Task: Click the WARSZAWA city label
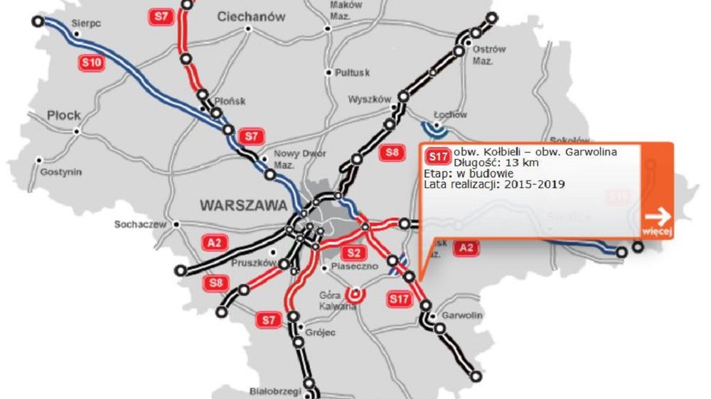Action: coord(243,205)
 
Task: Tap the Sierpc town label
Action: coord(86,23)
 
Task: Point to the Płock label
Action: coord(64,115)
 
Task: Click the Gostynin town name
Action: coord(61,172)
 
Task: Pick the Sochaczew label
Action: coord(140,225)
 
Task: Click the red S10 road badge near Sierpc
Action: coord(92,63)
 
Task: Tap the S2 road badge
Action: coord(354,252)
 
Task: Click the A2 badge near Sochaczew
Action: coord(214,244)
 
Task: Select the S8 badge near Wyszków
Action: coord(391,151)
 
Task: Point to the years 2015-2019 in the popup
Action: coord(532,185)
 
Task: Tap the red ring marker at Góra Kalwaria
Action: coord(355,293)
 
